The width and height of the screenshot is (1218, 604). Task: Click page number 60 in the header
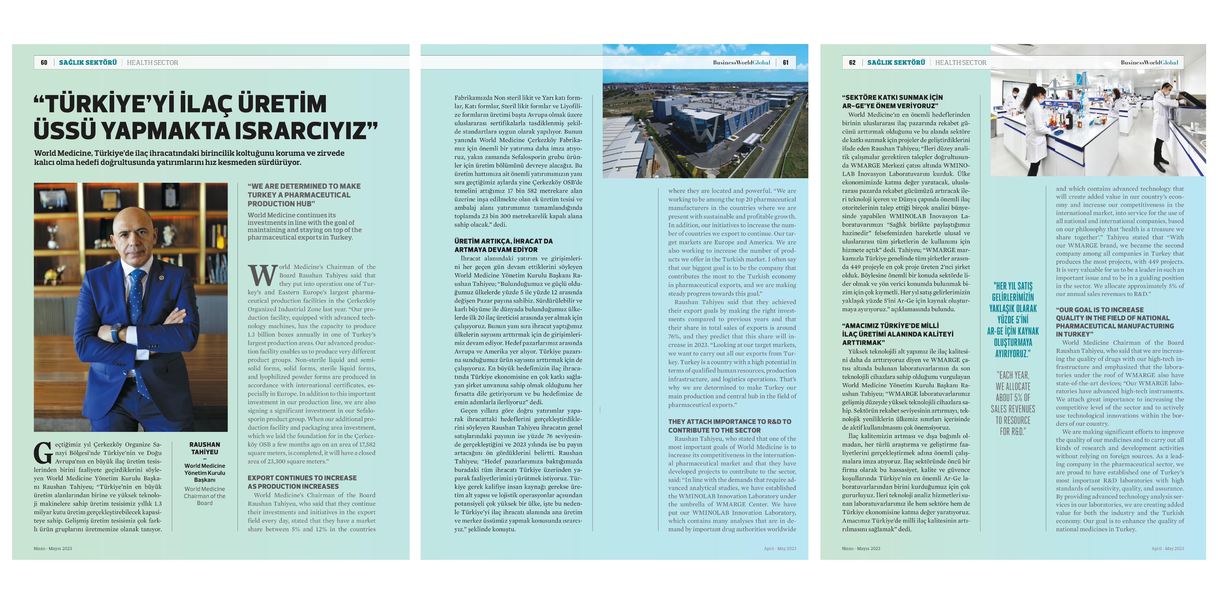coord(44,62)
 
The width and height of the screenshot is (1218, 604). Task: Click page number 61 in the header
coord(785,62)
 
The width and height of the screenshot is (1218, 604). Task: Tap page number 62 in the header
coord(852,62)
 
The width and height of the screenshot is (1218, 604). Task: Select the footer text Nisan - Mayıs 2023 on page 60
coord(52,549)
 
